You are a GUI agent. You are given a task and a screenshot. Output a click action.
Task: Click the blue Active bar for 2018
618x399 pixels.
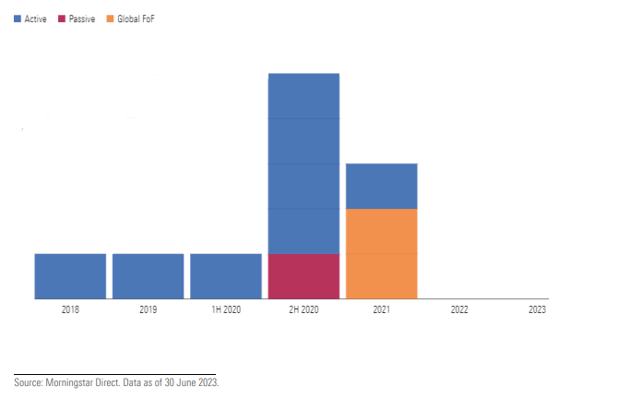(70, 275)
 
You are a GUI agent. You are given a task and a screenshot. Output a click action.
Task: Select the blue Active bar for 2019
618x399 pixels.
(148, 275)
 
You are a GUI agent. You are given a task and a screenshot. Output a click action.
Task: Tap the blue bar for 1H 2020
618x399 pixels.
(226, 275)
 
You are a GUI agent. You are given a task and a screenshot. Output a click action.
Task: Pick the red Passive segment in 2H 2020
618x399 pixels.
(303, 275)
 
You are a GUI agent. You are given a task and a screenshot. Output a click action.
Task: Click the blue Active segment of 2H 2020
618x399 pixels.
(303, 163)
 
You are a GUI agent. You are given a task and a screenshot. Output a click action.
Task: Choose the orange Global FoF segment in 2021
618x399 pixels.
(381, 253)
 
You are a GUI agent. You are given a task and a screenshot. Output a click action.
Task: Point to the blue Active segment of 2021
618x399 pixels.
(381, 186)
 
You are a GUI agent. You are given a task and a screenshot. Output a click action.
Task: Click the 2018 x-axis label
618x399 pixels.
(70, 310)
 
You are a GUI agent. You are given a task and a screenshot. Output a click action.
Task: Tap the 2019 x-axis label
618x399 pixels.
(148, 310)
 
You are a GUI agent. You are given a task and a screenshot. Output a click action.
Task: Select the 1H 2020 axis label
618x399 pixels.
(226, 310)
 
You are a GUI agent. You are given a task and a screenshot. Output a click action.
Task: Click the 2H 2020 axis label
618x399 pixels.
(303, 310)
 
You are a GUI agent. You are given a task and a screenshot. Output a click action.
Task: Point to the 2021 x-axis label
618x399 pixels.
(381, 310)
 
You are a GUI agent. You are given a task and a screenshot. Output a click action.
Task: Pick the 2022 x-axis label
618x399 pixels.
(459, 310)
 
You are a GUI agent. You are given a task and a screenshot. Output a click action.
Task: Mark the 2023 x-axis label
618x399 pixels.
(537, 310)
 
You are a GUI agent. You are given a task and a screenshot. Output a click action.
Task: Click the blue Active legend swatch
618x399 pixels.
(18, 18)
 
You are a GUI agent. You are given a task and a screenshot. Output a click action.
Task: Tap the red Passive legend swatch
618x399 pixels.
(61, 18)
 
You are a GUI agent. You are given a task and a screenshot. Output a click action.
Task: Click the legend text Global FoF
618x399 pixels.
(136, 18)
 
